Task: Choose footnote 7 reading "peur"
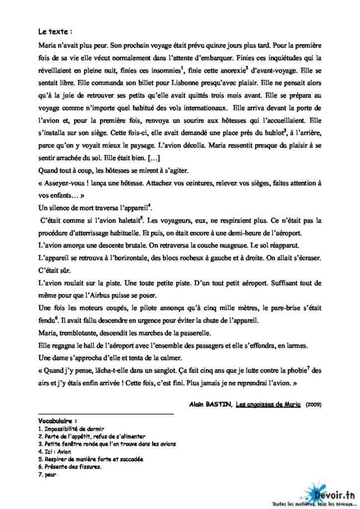tap(49, 474)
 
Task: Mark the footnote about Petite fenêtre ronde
tap(107, 443)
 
